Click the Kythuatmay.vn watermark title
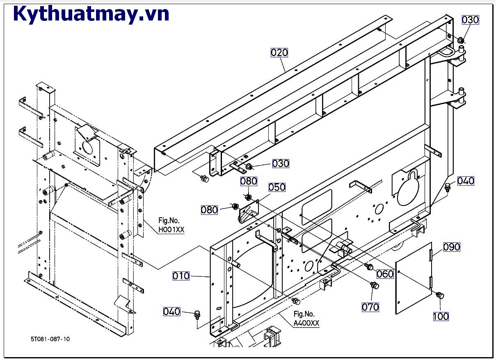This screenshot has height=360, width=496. pyautogui.click(x=91, y=14)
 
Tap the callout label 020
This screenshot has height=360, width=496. pyautogui.click(x=279, y=52)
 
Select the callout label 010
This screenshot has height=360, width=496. pyautogui.click(x=181, y=276)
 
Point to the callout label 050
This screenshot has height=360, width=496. pyautogui.click(x=277, y=187)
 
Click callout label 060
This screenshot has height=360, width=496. pyautogui.click(x=385, y=274)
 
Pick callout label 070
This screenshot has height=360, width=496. pyautogui.click(x=370, y=307)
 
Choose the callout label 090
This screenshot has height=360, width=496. pyautogui.click(x=451, y=247)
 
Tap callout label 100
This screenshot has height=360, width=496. pyautogui.click(x=441, y=316)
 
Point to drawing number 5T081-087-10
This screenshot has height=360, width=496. pyautogui.click(x=50, y=339)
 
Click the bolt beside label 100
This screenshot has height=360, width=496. pyautogui.click(x=439, y=295)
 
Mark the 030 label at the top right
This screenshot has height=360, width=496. pyautogui.click(x=470, y=20)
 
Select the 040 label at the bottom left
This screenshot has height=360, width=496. pyautogui.click(x=171, y=312)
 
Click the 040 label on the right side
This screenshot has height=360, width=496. pyautogui.click(x=465, y=181)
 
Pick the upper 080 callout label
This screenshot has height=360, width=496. pyautogui.click(x=249, y=181)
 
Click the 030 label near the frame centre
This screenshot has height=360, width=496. pyautogui.click(x=281, y=164)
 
